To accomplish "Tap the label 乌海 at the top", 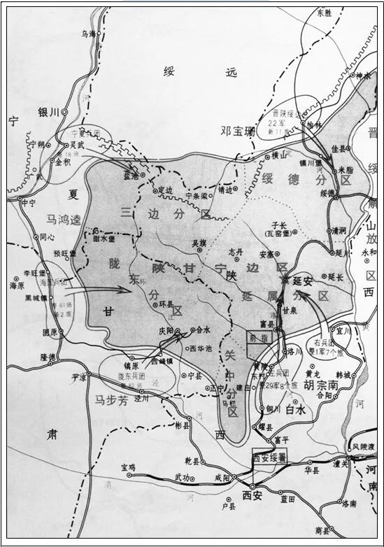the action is tap(89, 33).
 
